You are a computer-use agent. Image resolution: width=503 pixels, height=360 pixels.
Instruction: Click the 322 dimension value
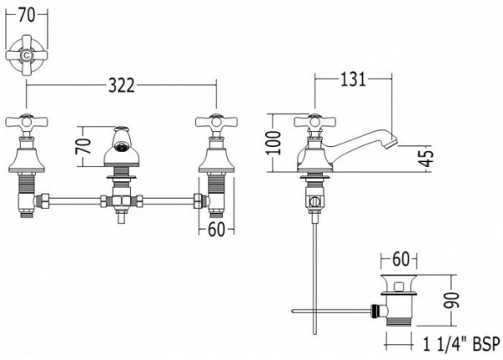click(122, 86)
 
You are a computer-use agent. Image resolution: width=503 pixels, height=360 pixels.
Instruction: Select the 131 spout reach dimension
click(353, 79)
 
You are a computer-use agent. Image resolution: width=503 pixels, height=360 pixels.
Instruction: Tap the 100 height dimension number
click(275, 143)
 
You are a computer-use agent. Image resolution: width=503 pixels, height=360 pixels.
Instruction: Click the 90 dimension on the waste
click(452, 300)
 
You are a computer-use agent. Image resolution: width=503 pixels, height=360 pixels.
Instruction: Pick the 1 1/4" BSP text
click(462, 345)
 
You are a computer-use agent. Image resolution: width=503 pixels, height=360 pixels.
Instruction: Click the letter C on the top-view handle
click(27, 55)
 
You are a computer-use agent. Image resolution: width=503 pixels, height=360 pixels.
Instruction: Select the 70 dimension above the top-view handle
click(27, 15)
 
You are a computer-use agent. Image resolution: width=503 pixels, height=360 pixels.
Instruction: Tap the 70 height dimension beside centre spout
click(83, 146)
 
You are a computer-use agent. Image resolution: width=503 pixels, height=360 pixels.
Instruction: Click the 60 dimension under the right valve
click(216, 229)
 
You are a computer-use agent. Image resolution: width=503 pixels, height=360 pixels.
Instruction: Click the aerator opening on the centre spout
click(121, 149)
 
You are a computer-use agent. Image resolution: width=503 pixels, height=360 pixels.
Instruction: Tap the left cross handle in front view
click(27, 122)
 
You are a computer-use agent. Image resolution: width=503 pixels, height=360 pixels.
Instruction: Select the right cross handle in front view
click(216, 122)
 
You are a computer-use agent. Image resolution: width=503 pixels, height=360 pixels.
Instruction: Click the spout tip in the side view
click(392, 143)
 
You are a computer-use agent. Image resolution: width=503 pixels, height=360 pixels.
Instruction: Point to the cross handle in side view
click(315, 122)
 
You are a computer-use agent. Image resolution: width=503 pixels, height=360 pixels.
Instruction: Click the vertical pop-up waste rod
click(315, 279)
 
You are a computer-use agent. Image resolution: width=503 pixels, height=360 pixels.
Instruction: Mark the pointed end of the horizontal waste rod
click(292, 310)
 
